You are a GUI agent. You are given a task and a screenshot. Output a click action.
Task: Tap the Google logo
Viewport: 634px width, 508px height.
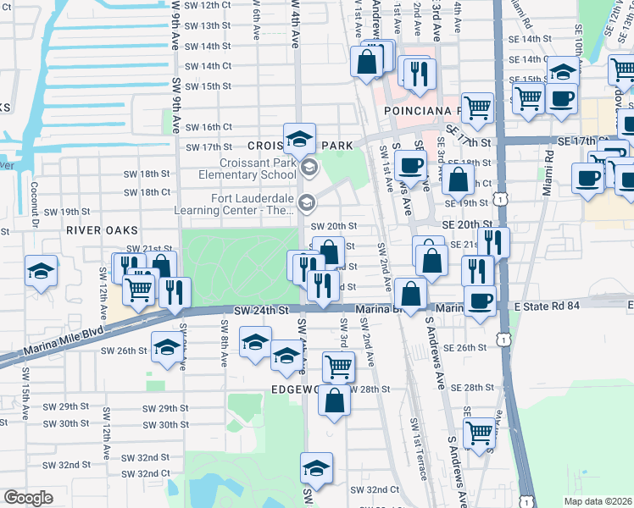(x=28, y=498)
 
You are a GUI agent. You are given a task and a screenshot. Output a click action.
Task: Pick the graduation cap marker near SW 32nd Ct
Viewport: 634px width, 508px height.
(x=316, y=467)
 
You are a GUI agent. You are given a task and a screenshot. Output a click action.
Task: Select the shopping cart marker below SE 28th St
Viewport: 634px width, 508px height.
(x=480, y=433)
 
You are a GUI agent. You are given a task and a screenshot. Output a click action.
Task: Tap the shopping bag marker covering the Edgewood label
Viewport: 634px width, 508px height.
(x=335, y=400)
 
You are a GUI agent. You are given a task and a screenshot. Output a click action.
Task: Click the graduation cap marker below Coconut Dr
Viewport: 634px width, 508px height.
(x=41, y=271)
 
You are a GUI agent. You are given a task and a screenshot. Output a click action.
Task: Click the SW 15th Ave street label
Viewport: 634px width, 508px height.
(x=26, y=410)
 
